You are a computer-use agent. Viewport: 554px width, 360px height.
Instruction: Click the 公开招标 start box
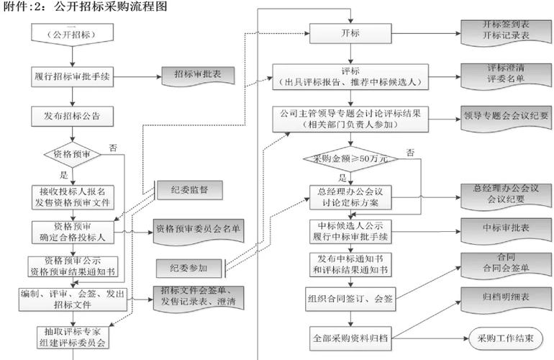(72, 34)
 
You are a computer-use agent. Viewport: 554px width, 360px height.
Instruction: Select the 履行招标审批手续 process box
(72, 76)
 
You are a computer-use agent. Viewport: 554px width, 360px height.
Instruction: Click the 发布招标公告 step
(72, 115)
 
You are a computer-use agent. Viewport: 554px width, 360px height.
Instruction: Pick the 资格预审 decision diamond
(72, 154)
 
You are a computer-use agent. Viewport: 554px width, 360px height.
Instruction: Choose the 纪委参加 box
(189, 267)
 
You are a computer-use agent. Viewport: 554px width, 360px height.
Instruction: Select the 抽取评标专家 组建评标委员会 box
(72, 337)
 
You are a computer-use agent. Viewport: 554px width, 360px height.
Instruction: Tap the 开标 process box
(351, 34)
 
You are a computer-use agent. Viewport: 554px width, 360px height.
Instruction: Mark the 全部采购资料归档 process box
(351, 336)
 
